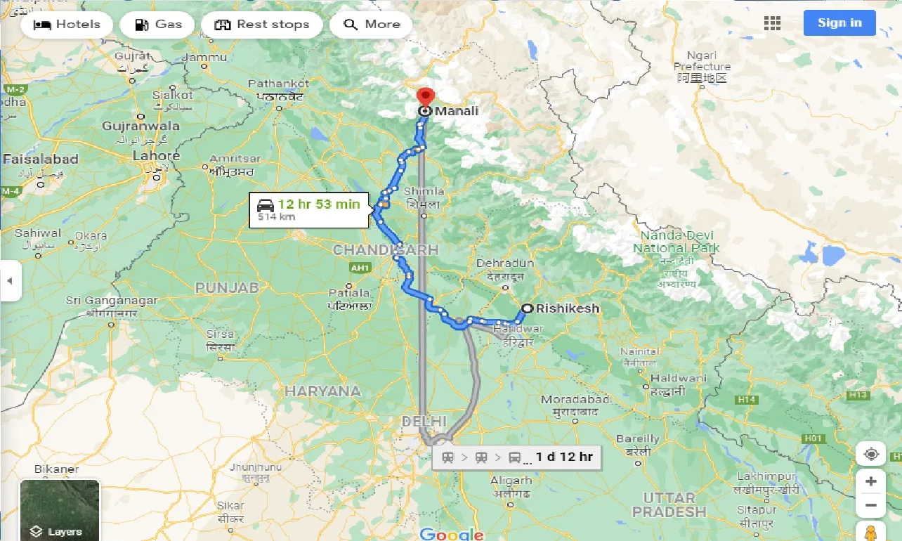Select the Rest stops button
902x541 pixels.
pyautogui.click(x=261, y=25)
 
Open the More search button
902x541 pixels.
pyautogui.click(x=372, y=25)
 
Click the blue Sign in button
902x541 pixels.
pyautogui.click(x=839, y=23)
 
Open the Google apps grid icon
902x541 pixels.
pyautogui.click(x=772, y=23)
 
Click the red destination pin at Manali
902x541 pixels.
pyautogui.click(x=424, y=97)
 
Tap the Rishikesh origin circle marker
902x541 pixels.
pyautogui.click(x=527, y=308)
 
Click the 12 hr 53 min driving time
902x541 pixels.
pyautogui.click(x=318, y=204)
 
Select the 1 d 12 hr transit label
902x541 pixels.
pyautogui.click(x=564, y=457)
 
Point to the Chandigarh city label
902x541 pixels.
pyautogui.click(x=385, y=249)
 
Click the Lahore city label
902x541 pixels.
pyautogui.click(x=156, y=156)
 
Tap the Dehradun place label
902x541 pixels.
pyautogui.click(x=505, y=263)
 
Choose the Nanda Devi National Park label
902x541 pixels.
pyautogui.click(x=676, y=242)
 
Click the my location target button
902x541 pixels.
pyautogui.click(x=871, y=455)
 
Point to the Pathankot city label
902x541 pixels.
pyautogui.click(x=278, y=84)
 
